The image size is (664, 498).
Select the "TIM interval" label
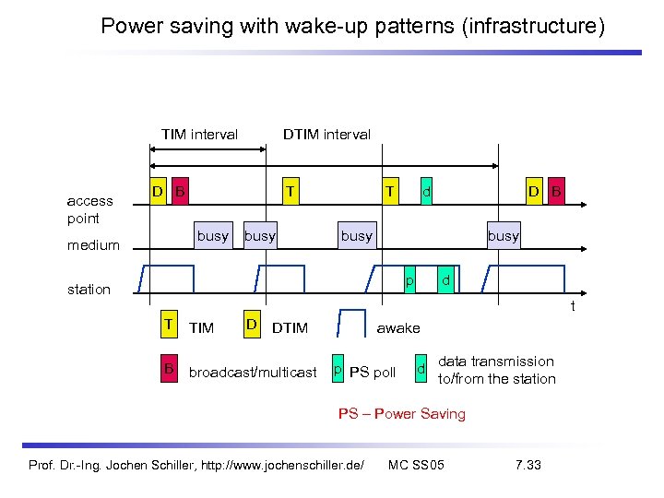[199, 135]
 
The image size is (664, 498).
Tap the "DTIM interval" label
[326, 135]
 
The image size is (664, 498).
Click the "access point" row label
[90, 209]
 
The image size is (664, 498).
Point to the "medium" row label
[93, 245]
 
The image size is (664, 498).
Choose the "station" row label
[89, 290]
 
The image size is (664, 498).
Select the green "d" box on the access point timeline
[426, 192]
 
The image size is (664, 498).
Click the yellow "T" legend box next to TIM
[169, 325]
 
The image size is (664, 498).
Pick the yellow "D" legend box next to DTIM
[251, 325]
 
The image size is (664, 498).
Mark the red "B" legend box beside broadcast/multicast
[169, 370]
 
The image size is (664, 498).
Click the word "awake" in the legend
[398, 328]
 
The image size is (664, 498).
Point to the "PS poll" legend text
[373, 373]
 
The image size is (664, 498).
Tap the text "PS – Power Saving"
[401, 414]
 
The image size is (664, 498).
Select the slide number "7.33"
[528, 464]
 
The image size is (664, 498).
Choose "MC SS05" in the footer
[417, 464]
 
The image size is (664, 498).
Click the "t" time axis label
[572, 306]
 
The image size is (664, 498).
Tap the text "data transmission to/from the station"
[496, 370]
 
